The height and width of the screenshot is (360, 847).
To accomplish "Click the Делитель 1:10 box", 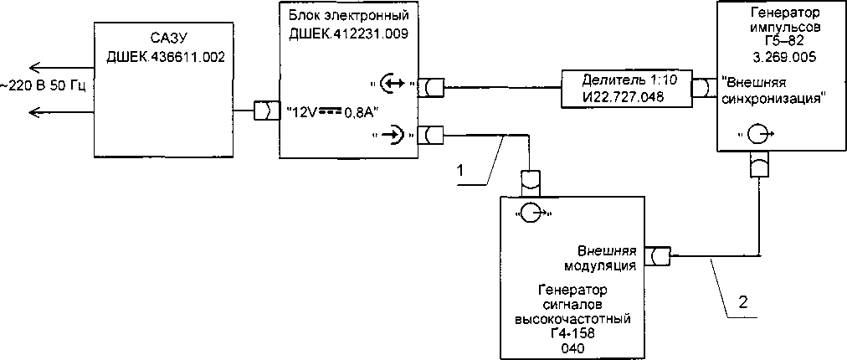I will coord(625,86).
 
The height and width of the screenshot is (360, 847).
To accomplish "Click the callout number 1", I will coord(459,170).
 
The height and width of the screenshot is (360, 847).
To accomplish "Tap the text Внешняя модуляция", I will coord(608,259).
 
